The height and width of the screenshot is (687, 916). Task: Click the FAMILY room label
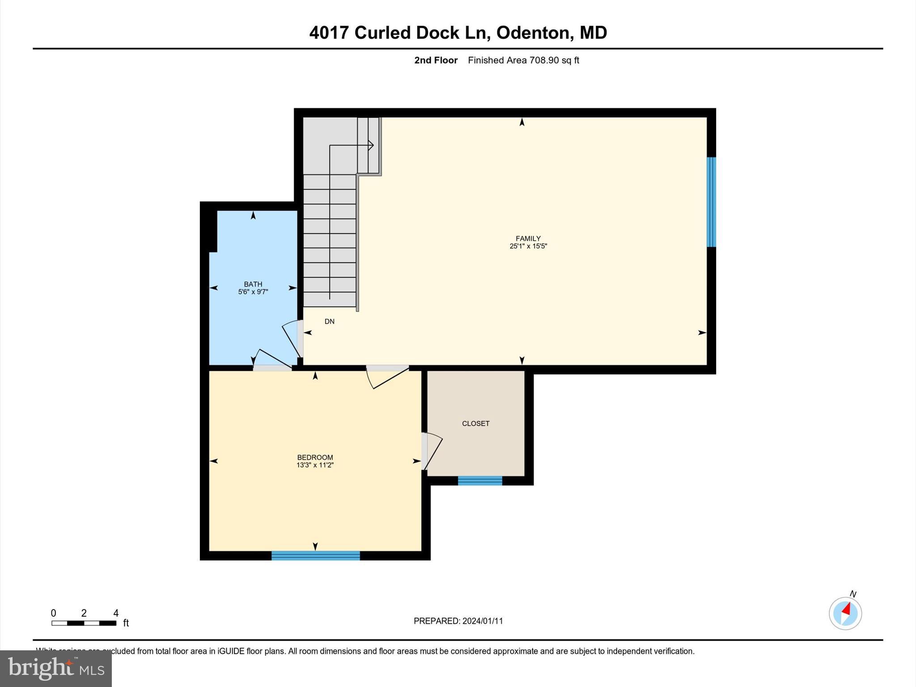click(528, 238)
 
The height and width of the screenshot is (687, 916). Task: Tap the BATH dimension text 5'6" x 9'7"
click(253, 292)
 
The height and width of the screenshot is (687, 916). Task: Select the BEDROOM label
click(315, 457)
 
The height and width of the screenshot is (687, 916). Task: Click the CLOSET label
click(475, 423)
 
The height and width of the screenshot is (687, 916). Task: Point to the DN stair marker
click(329, 321)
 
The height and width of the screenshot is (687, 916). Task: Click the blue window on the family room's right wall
click(711, 202)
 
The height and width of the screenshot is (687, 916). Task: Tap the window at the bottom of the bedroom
click(315, 556)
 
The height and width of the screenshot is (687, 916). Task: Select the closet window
click(479, 481)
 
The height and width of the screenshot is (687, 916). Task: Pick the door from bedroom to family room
click(387, 376)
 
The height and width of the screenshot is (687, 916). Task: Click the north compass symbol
click(845, 612)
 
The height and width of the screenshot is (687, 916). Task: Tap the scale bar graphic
click(84, 623)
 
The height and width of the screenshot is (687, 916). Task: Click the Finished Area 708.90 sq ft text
click(523, 60)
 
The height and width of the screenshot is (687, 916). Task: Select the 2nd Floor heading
click(436, 60)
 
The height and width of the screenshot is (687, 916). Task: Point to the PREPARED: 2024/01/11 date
click(458, 621)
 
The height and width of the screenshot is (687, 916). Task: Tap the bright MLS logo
click(56, 668)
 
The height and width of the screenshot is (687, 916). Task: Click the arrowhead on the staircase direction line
click(371, 145)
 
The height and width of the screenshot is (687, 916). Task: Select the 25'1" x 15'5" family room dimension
click(528, 246)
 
